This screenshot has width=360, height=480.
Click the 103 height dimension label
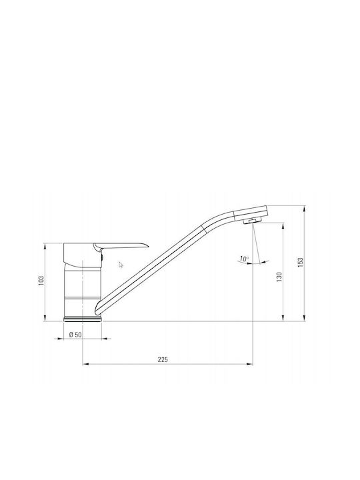(x=41, y=281)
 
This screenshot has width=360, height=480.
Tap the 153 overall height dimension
(x=300, y=263)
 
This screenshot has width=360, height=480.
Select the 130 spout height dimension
(x=279, y=277)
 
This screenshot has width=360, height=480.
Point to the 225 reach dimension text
(x=163, y=360)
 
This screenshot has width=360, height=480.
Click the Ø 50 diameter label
(x=75, y=335)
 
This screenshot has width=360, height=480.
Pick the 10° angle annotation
(x=244, y=259)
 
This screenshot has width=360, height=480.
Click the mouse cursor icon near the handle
(x=121, y=265)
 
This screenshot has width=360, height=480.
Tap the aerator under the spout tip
(x=252, y=221)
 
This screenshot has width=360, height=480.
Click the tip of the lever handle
(x=148, y=245)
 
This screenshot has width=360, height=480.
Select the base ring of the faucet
(x=83, y=319)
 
